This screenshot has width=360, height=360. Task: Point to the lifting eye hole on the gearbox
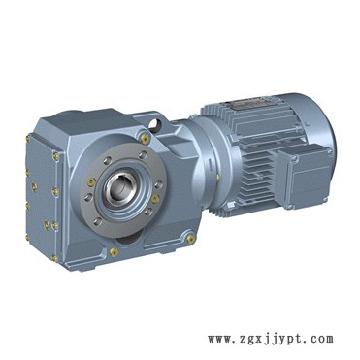[x=156, y=123]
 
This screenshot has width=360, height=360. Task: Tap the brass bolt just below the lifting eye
[x=146, y=138]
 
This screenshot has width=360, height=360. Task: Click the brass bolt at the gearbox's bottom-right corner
[x=191, y=239]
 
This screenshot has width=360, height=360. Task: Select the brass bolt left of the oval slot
[x=114, y=252]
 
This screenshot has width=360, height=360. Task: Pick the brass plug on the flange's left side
[x=91, y=182]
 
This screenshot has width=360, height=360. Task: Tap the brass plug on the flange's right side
[x=155, y=198]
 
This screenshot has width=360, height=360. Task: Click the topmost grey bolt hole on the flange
[x=143, y=155]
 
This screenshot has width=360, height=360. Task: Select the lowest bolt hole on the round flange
[x=97, y=221]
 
